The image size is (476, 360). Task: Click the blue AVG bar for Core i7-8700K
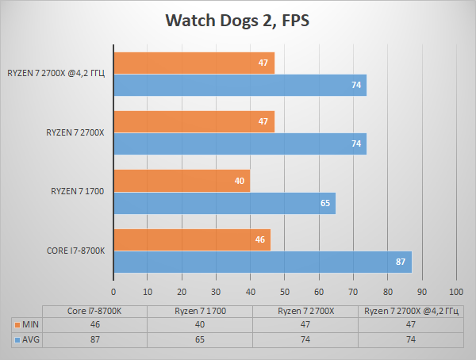click(262, 262)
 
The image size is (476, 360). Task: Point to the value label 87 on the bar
click(401, 262)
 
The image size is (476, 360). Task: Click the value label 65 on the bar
click(325, 203)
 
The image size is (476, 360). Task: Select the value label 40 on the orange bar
click(240, 181)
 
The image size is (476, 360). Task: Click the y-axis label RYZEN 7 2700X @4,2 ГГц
click(56, 74)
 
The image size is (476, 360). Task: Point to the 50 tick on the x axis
click(285, 291)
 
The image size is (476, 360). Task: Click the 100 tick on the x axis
click(456, 291)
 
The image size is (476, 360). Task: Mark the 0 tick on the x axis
click(113, 291)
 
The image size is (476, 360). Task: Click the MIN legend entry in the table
click(28, 324)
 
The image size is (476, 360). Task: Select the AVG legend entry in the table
click(28, 339)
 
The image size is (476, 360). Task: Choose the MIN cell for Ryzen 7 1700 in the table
click(202, 324)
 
